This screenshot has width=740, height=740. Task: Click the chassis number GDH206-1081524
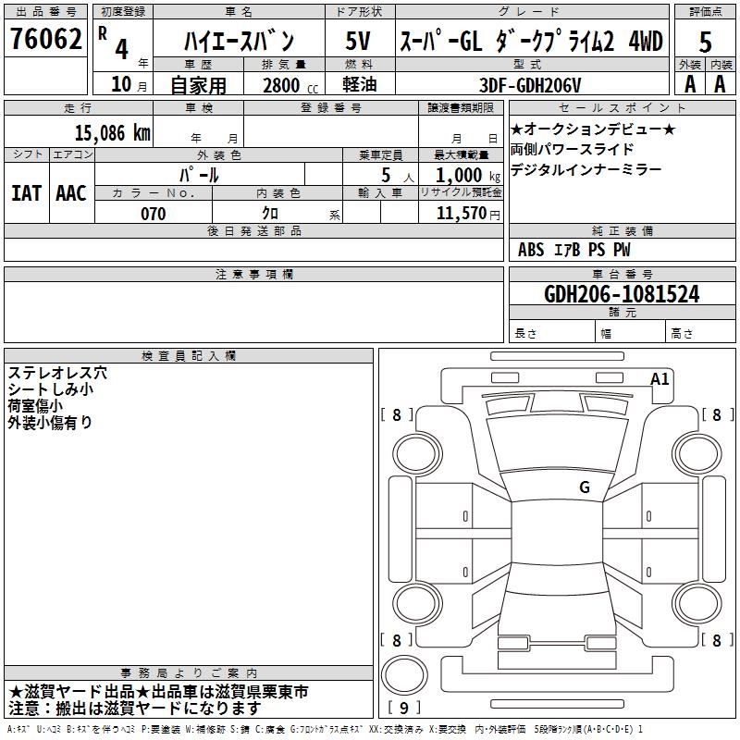622,294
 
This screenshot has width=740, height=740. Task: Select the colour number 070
153,214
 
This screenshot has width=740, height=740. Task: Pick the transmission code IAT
26,192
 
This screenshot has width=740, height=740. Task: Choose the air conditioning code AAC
70,192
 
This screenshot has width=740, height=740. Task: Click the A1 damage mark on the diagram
660,378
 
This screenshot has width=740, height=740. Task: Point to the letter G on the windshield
584,487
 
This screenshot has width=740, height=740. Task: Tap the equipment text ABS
531,249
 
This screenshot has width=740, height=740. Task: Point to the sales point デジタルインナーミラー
586,169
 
